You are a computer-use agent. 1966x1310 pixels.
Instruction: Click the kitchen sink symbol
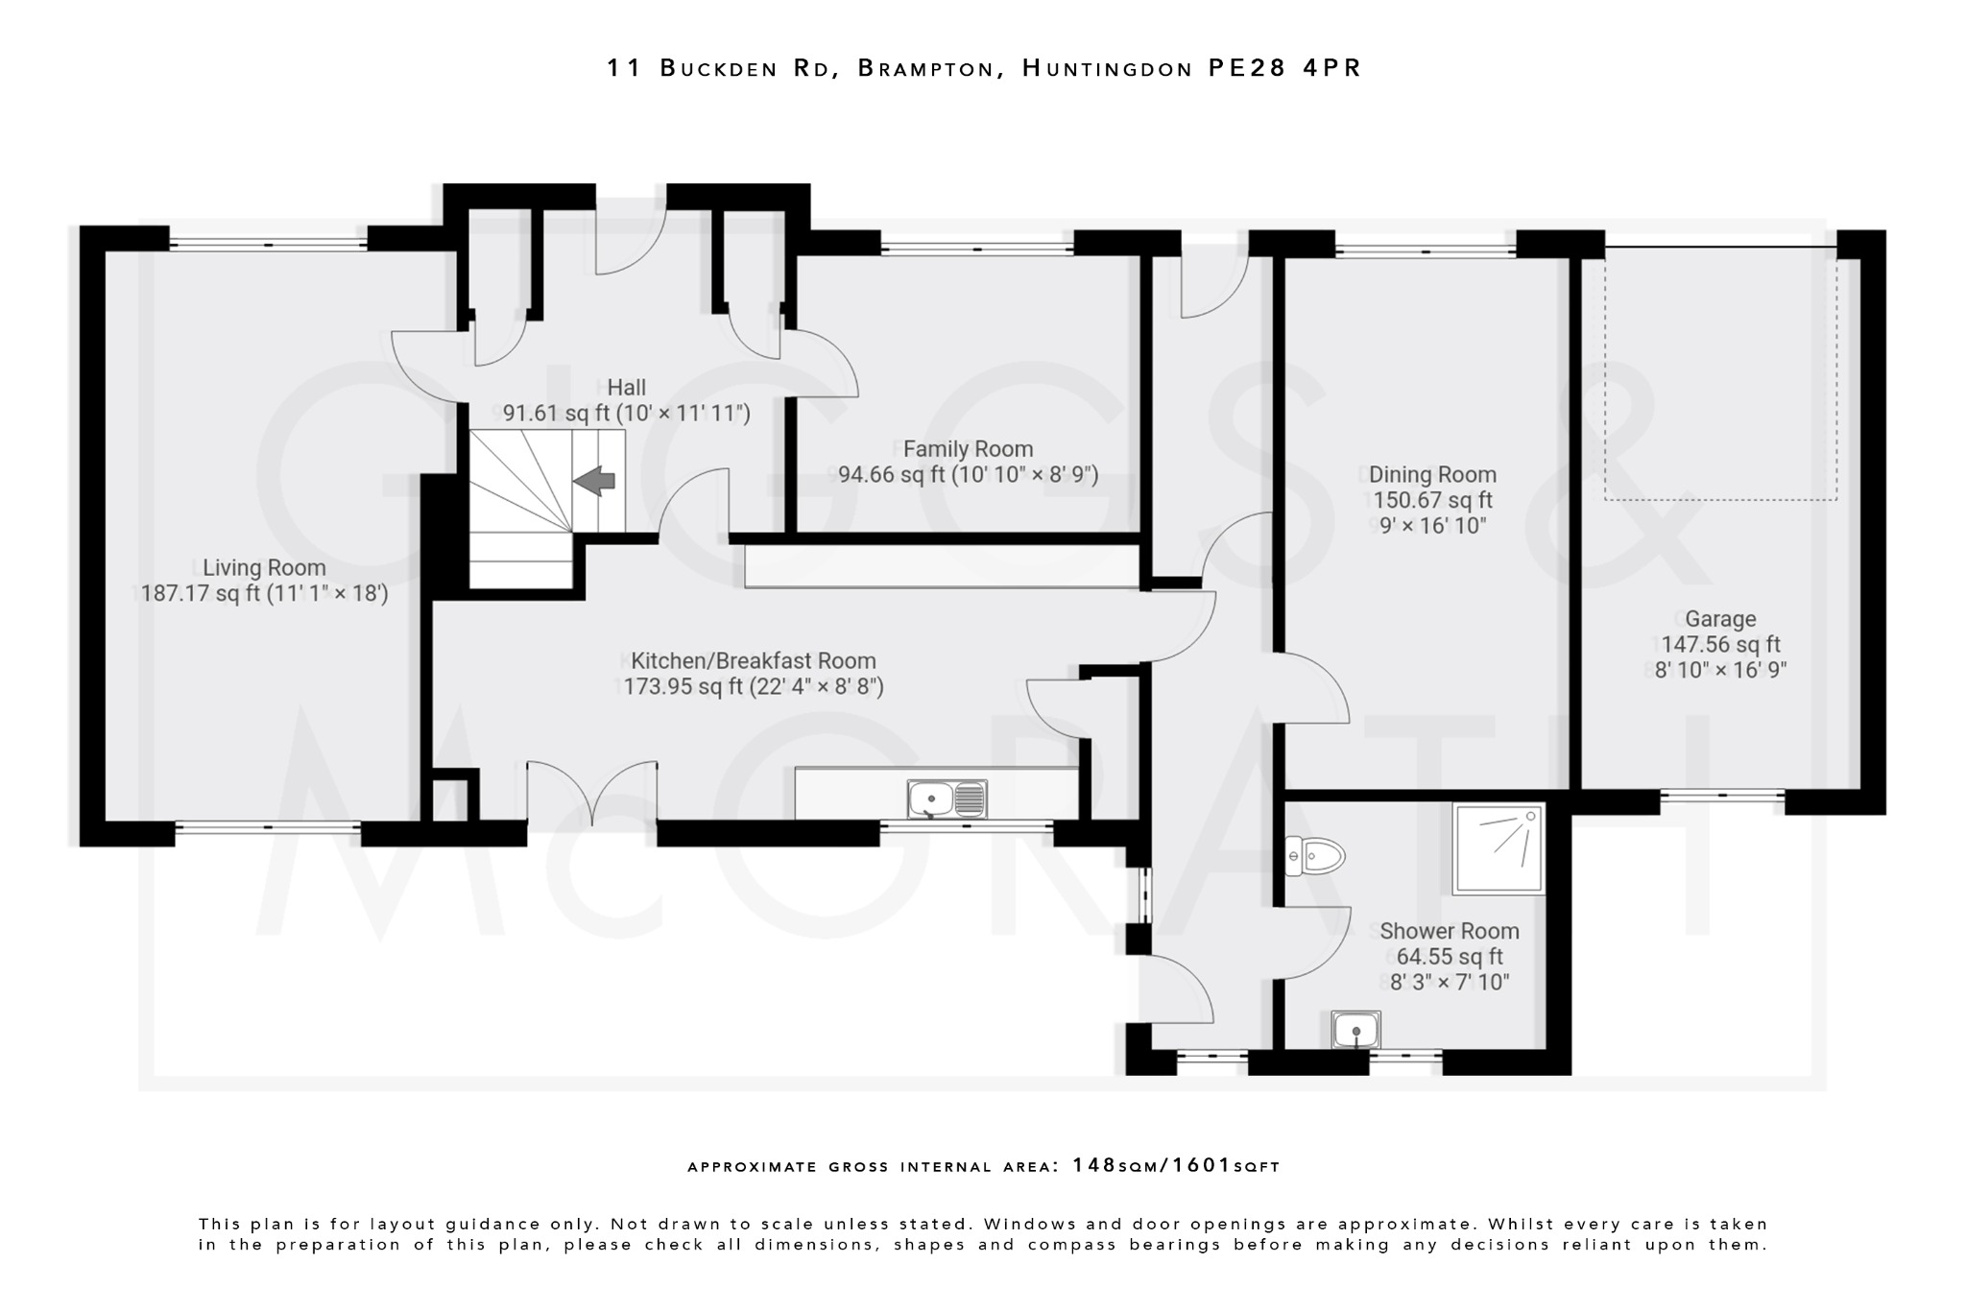point(947,798)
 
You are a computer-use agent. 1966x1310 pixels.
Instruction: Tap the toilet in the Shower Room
point(1316,855)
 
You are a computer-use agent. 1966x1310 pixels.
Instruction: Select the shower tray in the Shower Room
point(1498,848)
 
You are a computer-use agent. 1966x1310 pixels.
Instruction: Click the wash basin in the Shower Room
point(1355,1031)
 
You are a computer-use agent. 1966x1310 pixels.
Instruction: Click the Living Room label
point(264,567)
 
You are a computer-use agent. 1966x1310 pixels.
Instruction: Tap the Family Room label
point(968,448)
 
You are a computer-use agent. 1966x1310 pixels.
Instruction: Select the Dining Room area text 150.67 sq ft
point(1432,500)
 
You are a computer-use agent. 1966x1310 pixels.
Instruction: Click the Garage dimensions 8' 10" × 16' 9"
point(1720,670)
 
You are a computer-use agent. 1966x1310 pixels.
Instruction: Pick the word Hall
point(626,387)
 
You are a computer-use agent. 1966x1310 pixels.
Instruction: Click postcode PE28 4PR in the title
point(1284,68)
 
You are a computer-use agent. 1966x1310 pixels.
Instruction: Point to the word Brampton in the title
point(924,68)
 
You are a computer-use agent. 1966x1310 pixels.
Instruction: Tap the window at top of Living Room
point(268,245)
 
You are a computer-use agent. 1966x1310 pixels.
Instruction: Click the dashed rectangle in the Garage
point(1720,374)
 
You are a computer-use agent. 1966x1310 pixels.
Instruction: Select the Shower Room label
point(1449,931)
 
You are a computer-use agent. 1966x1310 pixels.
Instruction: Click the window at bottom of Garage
point(1722,795)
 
